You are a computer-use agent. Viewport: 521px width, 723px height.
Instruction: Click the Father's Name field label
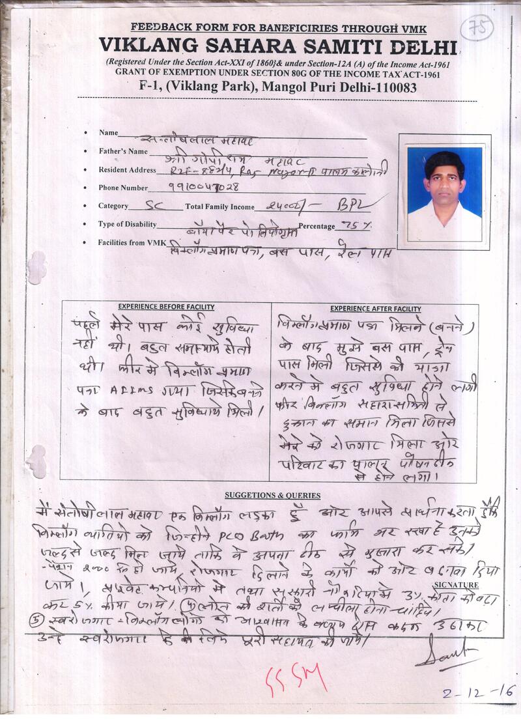coord(123,152)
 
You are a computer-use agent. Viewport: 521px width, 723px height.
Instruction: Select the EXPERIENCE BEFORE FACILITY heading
coord(166,307)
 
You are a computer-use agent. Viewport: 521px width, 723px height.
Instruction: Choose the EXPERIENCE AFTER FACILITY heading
coord(375,309)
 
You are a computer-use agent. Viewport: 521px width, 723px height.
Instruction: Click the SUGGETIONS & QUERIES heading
coord(272,496)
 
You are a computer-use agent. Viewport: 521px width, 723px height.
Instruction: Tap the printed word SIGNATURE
coord(460,586)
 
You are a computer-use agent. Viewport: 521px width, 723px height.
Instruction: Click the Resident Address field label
coord(128,170)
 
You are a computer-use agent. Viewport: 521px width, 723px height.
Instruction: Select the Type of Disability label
coord(128,225)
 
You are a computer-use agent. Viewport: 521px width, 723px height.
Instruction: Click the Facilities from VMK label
coord(132,242)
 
